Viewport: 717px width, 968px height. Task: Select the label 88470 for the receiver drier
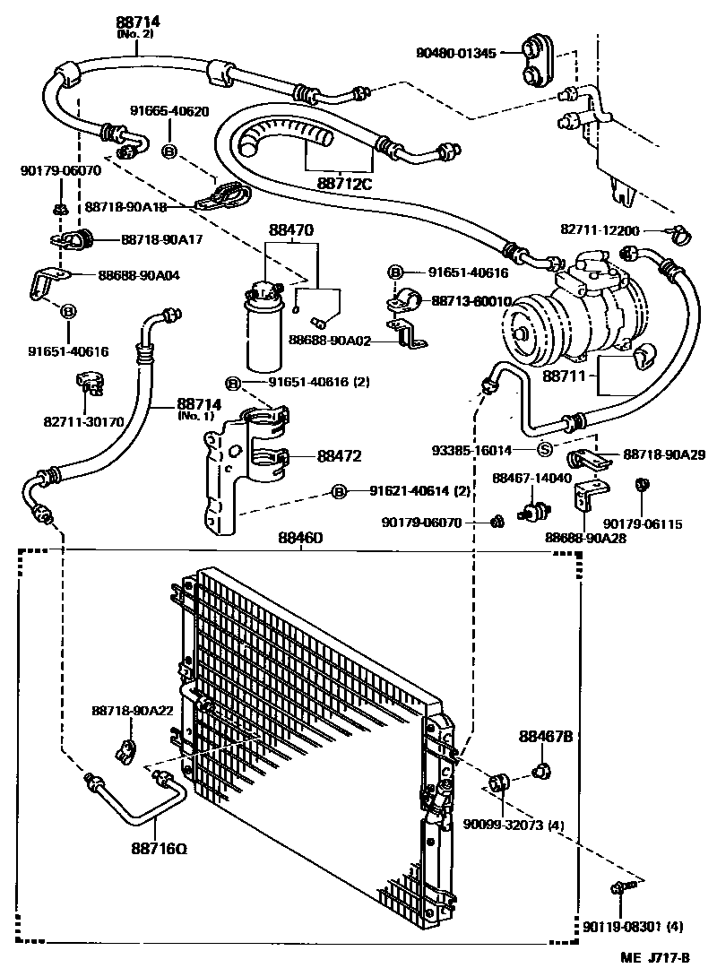click(x=290, y=230)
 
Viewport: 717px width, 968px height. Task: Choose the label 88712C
click(x=342, y=184)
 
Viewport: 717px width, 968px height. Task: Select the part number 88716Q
click(x=159, y=848)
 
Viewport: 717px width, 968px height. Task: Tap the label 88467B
click(x=545, y=736)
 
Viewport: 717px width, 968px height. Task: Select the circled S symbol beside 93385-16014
click(x=544, y=450)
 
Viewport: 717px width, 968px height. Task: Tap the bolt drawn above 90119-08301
click(x=622, y=887)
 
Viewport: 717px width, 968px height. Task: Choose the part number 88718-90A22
click(x=132, y=710)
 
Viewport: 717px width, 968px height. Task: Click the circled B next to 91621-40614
click(x=339, y=490)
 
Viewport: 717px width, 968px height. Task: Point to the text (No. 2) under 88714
click(x=135, y=35)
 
